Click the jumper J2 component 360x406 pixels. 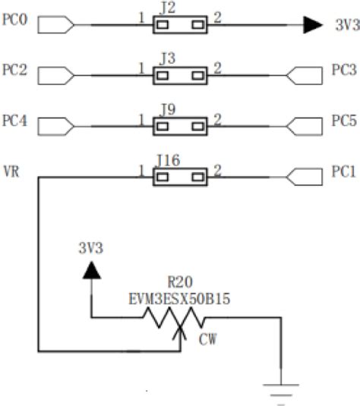(x=180, y=26)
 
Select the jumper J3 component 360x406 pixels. (x=180, y=75)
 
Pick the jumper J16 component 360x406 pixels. (x=180, y=178)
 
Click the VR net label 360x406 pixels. (x=11, y=173)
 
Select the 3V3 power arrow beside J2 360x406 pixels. (x=312, y=26)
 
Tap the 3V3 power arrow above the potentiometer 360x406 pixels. (x=93, y=270)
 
